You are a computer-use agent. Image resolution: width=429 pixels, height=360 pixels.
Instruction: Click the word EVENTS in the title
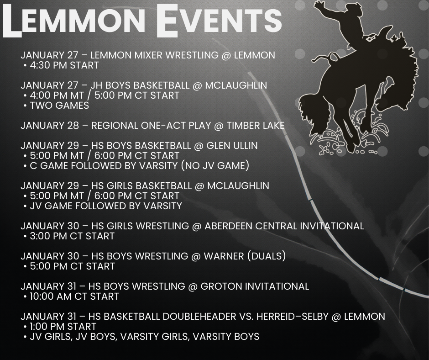click(x=219, y=20)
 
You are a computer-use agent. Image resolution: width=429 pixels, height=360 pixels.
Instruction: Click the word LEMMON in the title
click(x=74, y=20)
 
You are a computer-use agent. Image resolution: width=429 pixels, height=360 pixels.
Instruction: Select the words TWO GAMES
click(x=59, y=106)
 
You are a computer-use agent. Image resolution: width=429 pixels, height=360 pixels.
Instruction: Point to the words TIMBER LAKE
click(x=256, y=126)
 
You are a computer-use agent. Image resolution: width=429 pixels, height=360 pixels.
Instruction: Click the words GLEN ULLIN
click(x=232, y=145)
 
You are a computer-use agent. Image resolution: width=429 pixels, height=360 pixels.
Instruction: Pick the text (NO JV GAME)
click(x=215, y=166)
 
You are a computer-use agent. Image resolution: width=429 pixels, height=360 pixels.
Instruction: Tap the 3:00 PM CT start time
click(x=72, y=236)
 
